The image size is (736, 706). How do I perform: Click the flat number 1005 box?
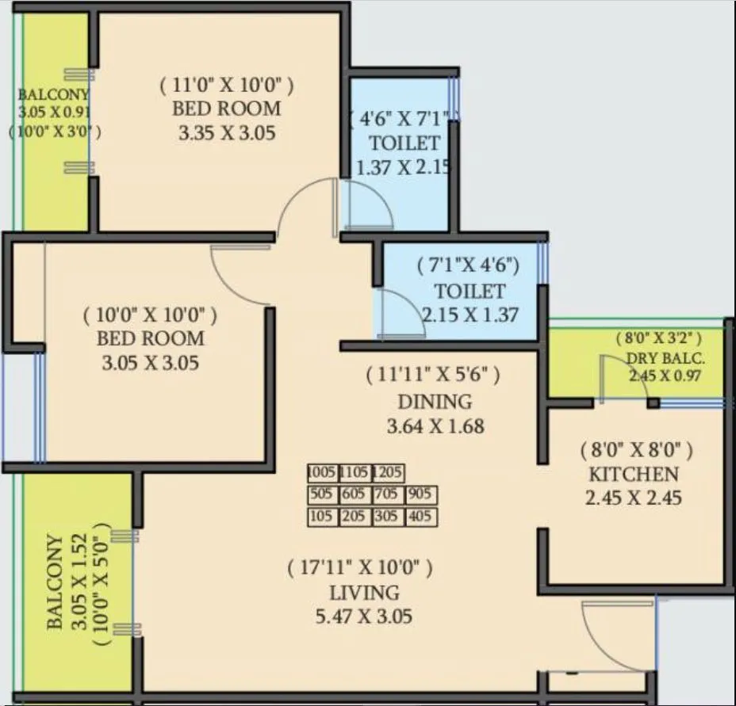click(322, 474)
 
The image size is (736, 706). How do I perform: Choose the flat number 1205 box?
click(388, 474)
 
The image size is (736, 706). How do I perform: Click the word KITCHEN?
click(633, 475)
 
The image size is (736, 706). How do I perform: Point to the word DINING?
click(435, 401)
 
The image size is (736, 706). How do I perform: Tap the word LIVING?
click(365, 592)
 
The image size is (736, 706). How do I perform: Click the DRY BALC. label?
click(665, 357)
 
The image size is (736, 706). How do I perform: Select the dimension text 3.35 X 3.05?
click(227, 132)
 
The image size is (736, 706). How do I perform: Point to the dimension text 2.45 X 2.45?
click(634, 498)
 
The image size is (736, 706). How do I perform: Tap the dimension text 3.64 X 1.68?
click(435, 426)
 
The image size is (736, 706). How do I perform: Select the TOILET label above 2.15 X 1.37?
click(469, 290)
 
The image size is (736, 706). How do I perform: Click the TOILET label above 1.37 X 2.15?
click(404, 143)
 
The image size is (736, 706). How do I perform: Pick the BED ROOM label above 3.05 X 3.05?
click(150, 338)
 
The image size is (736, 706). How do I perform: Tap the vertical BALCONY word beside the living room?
click(55, 582)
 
